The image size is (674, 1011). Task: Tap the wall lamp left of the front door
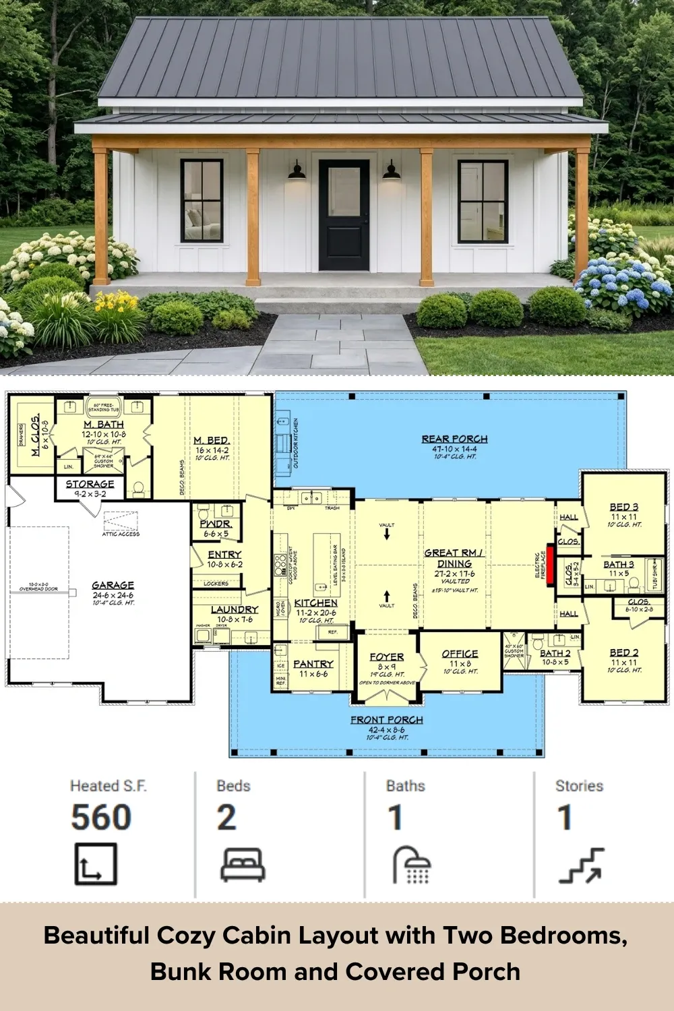[297, 171]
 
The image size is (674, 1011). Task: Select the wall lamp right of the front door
[392, 171]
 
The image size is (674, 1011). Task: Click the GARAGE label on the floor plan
[113, 585]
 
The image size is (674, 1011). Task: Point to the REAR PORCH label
[454, 439]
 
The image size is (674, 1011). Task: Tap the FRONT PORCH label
[387, 720]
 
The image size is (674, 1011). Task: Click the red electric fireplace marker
[550, 565]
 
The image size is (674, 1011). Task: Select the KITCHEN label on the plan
[315, 603]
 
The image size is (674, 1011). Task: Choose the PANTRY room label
[313, 664]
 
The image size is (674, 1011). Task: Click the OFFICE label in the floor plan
[460, 654]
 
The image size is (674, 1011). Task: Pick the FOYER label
[387, 656]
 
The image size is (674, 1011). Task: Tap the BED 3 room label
[624, 507]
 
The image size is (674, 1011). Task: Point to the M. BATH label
[104, 425]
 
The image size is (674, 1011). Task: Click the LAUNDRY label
[235, 609]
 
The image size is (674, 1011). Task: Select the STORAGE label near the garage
[90, 484]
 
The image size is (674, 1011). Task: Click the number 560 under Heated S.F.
[101, 818]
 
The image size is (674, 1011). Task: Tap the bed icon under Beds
[243, 865]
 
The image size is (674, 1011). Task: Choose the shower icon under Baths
[412, 865]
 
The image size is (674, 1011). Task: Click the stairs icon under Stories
[581, 865]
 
